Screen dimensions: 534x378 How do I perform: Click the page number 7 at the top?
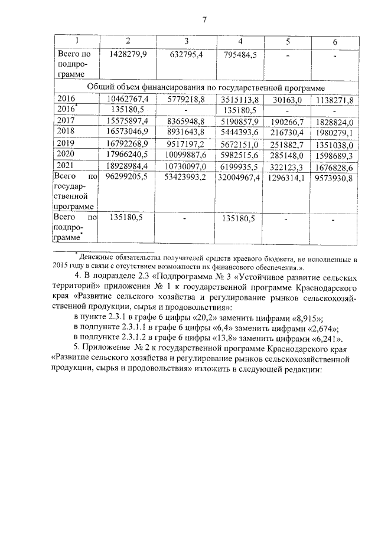tap(204, 20)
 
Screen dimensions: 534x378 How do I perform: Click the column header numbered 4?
tap(240, 41)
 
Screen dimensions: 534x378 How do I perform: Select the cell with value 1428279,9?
tap(128, 54)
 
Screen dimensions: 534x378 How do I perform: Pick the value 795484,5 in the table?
tap(240, 54)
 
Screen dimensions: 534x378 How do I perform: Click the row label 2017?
tap(64, 120)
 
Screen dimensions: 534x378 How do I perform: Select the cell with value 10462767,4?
tap(128, 99)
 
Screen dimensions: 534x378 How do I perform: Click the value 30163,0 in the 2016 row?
tap(289, 99)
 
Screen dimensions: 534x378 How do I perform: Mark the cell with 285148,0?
tap(289, 155)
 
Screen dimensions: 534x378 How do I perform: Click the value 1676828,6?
tap(334, 166)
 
